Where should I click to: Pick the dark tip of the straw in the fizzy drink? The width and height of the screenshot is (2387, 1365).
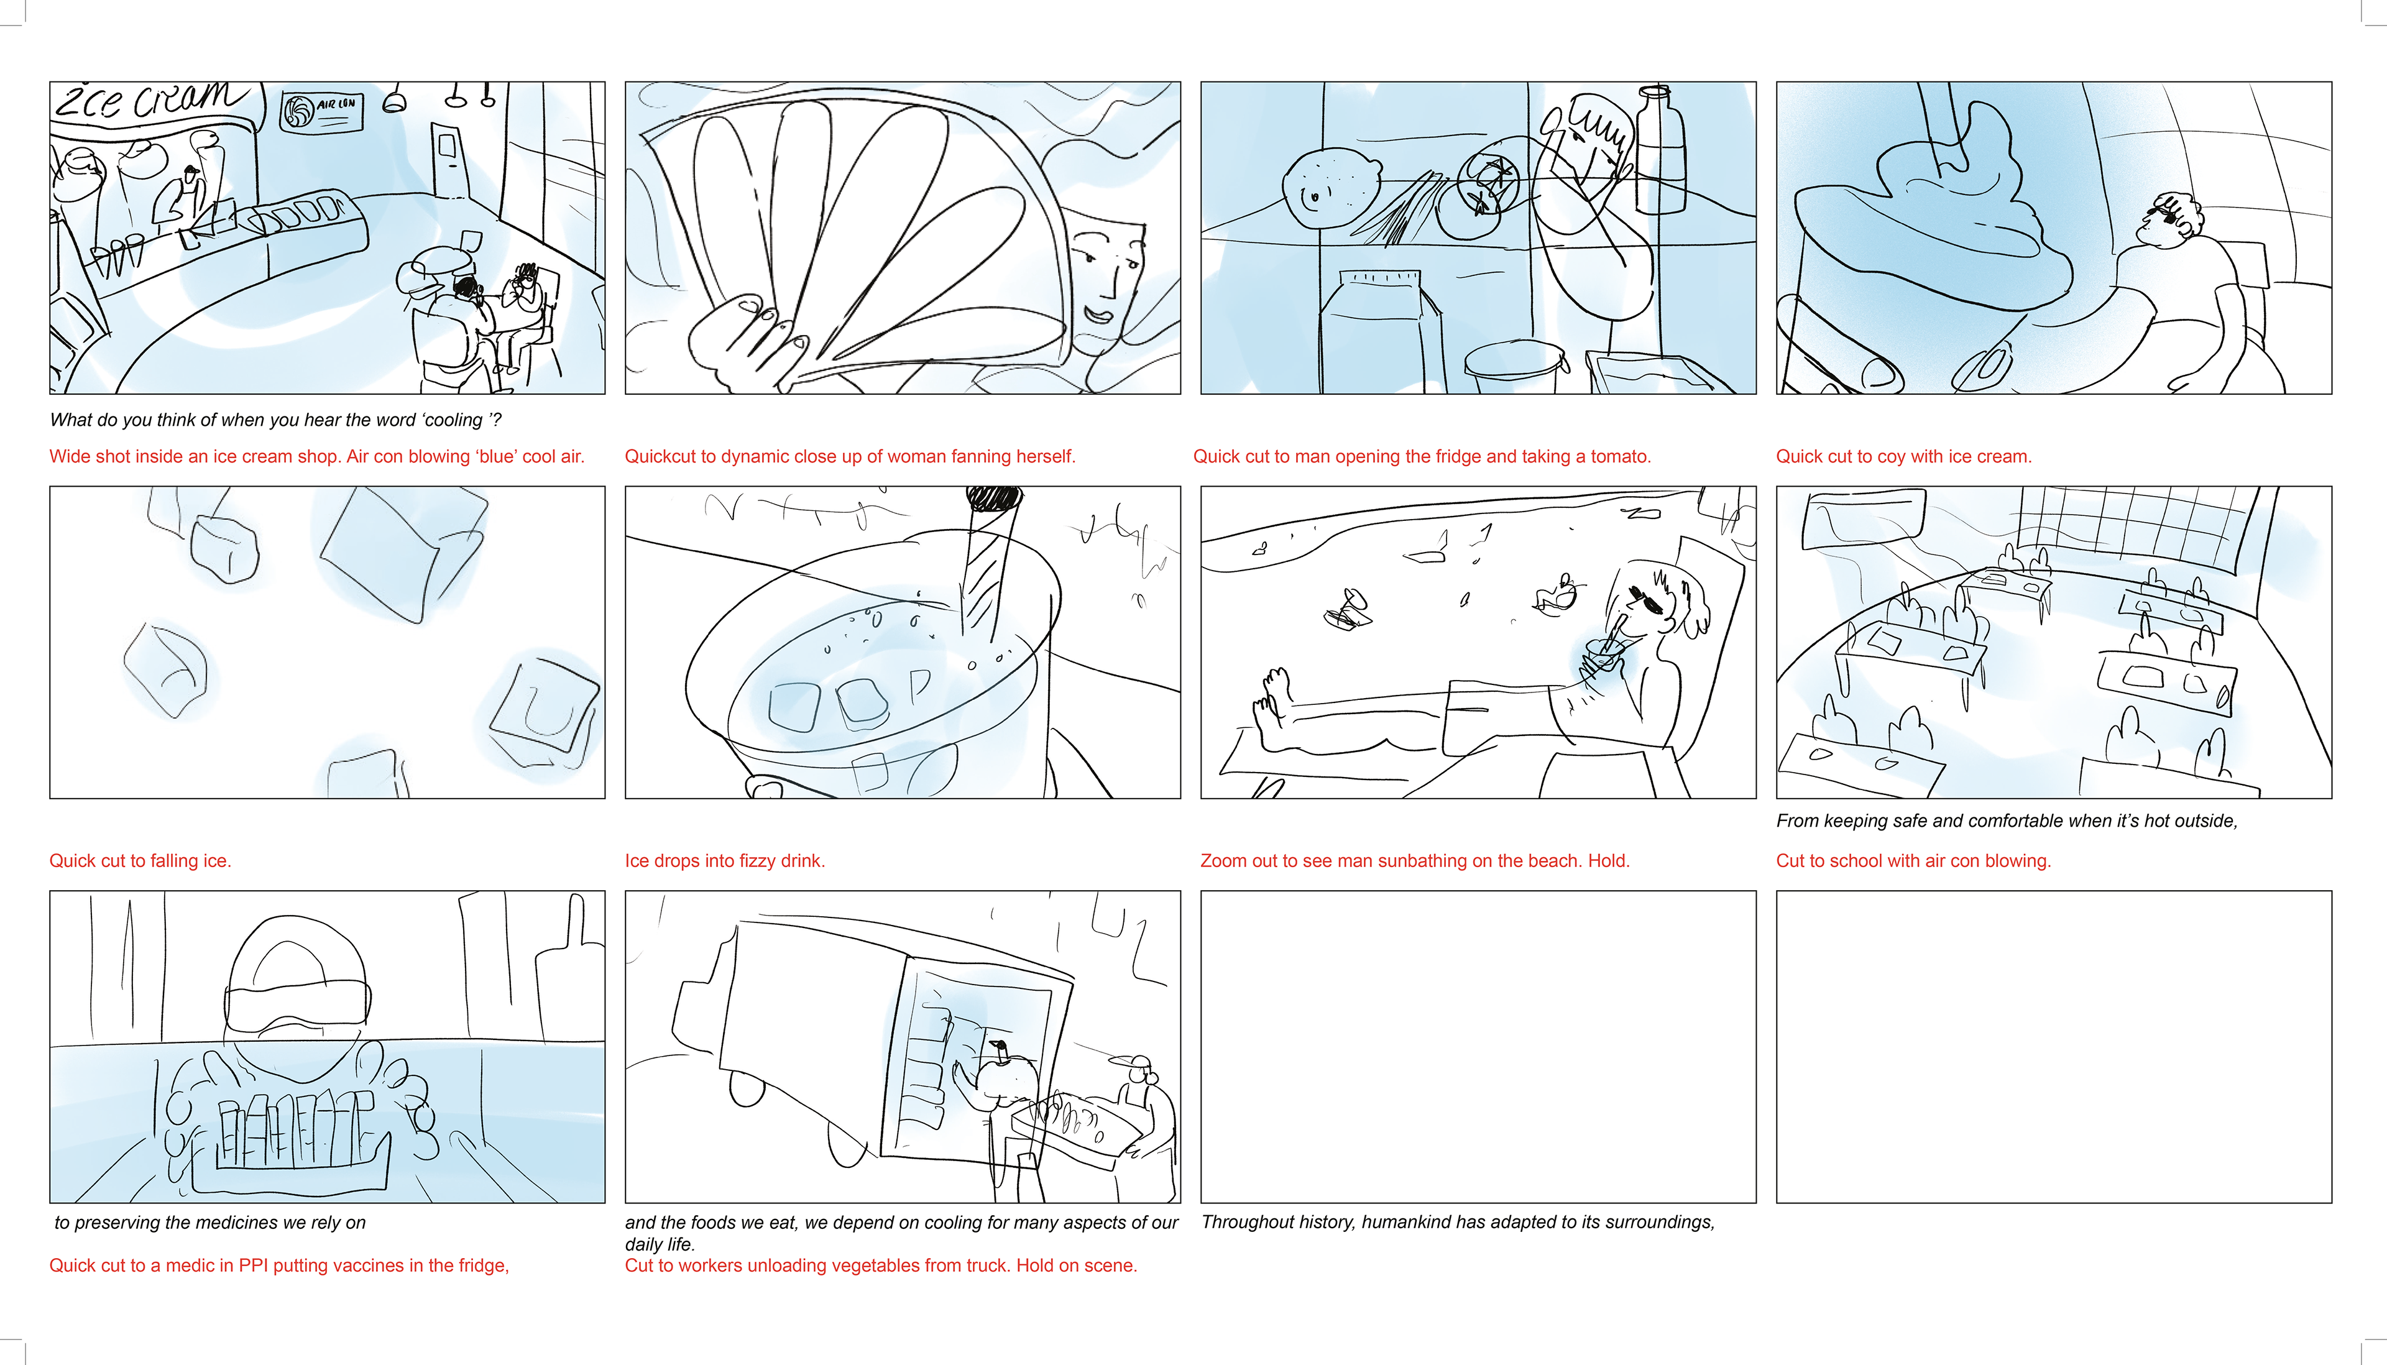tap(996, 497)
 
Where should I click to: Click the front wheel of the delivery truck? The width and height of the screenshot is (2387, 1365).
tap(747, 1088)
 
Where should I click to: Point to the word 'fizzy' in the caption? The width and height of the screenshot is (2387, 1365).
tap(745, 861)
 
